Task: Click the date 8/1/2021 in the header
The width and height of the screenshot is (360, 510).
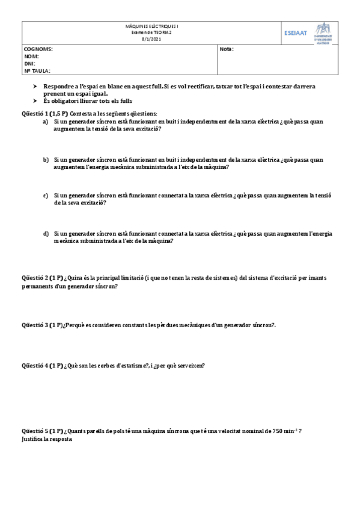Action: [x=151, y=39]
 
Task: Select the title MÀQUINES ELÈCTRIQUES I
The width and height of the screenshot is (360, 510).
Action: [x=151, y=27]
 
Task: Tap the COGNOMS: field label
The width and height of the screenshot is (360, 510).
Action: [x=38, y=49]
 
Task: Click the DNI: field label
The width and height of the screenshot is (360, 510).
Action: [x=29, y=63]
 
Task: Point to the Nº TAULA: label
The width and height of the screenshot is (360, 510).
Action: [x=36, y=70]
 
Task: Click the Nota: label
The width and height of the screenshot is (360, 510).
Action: [x=227, y=49]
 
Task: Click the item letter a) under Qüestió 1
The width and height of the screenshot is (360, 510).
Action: [x=46, y=121]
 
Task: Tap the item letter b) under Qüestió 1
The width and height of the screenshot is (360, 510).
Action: [x=46, y=159]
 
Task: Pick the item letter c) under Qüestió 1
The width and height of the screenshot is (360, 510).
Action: [x=46, y=195]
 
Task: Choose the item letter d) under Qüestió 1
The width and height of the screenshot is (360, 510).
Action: [x=46, y=233]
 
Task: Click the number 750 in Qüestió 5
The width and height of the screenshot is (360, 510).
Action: [x=278, y=431]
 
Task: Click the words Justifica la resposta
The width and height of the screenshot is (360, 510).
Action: [x=46, y=439]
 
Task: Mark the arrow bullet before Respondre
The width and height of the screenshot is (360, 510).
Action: [x=35, y=87]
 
